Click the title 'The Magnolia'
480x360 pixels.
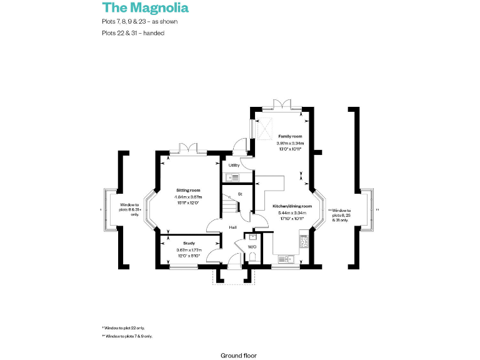click(145, 8)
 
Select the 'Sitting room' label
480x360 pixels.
click(187, 189)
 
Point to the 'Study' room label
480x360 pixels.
click(189, 243)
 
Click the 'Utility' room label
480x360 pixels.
click(234, 165)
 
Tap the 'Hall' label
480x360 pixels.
click(232, 227)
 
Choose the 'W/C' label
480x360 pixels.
click(252, 247)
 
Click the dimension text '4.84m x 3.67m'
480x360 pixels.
click(187, 197)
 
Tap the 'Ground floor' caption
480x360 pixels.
click(238, 355)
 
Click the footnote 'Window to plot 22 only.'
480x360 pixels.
click(127, 327)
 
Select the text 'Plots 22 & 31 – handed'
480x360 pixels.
click(132, 33)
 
